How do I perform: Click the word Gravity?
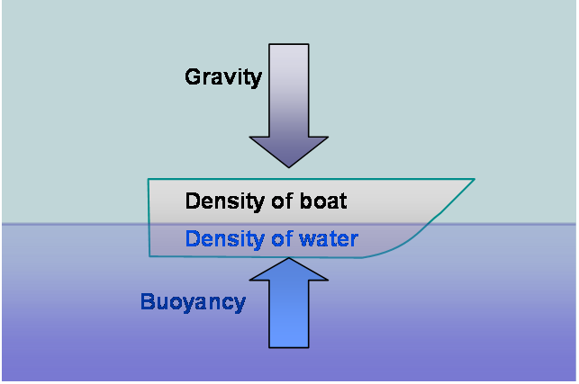point(223,77)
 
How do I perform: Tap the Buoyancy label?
point(193,302)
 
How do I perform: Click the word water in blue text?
point(329,239)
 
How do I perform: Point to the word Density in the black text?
point(225,201)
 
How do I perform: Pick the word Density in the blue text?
point(225,239)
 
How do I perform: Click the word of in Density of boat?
point(283,201)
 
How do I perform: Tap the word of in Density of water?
point(283,239)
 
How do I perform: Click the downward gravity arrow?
point(289,106)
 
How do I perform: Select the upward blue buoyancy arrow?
point(289,302)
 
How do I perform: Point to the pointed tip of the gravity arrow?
point(289,167)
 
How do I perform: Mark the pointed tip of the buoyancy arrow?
point(289,258)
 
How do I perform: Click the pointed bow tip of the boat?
point(475,179)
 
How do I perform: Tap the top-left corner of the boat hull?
point(149,179)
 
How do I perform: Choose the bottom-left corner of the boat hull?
point(149,256)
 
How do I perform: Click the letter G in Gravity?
point(193,76)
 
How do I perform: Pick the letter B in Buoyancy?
point(147,301)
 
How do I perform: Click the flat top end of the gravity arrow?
point(289,44)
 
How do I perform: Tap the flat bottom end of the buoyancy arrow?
point(289,347)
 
